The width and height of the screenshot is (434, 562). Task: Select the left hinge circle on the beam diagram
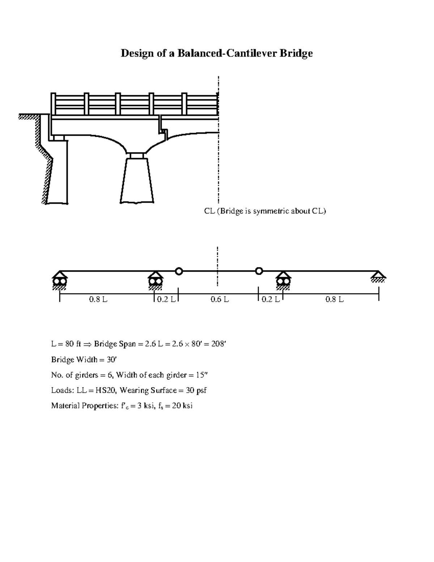179,271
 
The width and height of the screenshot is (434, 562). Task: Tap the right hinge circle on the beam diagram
259,271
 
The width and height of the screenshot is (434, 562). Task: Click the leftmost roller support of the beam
59,280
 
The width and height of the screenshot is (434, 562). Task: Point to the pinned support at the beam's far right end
378,276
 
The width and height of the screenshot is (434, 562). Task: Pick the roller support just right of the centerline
283,280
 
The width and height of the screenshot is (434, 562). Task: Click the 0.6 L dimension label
220,300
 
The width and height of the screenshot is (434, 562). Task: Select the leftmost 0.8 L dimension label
98,300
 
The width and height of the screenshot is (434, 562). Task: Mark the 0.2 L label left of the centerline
166,300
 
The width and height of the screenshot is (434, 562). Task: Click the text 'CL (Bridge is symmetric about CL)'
265,211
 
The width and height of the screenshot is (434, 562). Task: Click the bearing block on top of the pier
137,156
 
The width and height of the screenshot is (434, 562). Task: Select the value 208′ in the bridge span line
218,344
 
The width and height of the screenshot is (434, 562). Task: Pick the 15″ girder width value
202,375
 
